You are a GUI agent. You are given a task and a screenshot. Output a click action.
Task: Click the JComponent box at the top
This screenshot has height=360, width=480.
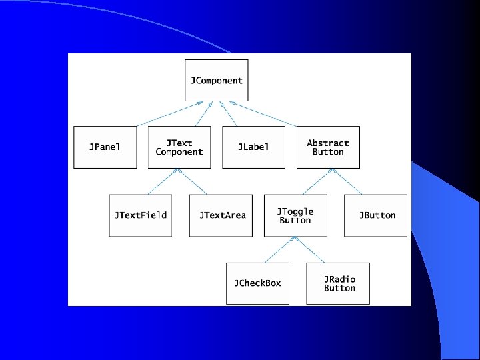(x=217, y=81)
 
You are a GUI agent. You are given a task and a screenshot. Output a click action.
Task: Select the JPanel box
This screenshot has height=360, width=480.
(x=105, y=147)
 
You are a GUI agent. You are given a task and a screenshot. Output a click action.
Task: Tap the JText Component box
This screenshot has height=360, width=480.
(x=179, y=147)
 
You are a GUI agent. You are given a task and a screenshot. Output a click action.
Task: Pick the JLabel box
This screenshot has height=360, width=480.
(x=253, y=147)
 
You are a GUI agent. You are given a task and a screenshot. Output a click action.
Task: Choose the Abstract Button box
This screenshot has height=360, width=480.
(x=328, y=147)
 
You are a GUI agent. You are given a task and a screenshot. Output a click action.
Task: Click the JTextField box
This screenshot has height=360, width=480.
(x=140, y=215)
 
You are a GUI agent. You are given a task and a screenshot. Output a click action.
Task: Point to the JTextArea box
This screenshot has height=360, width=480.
(x=221, y=215)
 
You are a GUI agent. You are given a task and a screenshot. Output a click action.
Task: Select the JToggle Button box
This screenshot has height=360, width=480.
(x=295, y=215)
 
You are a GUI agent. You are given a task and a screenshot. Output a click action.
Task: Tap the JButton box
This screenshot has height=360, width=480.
(x=376, y=215)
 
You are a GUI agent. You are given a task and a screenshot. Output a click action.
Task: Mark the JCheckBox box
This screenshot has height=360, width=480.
(x=257, y=283)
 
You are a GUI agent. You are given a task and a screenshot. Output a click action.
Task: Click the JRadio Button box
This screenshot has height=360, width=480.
(x=339, y=283)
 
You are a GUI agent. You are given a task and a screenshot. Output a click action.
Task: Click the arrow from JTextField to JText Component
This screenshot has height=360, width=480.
(x=158, y=181)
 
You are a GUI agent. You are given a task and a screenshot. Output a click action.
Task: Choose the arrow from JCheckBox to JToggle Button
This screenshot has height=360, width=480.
(x=277, y=249)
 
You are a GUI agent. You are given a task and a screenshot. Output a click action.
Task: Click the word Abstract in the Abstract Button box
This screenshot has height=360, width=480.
(x=328, y=143)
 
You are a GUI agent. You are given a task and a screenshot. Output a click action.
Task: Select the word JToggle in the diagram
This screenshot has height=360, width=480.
(x=295, y=211)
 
